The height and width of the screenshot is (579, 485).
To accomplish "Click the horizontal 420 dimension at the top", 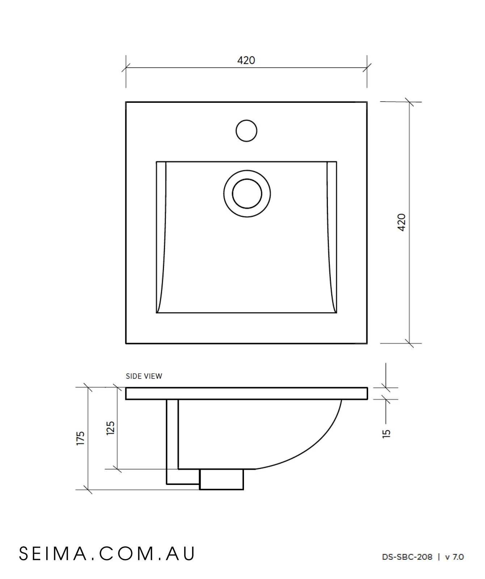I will pyautogui.click(x=246, y=60).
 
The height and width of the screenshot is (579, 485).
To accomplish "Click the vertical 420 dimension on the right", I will pyautogui.click(x=402, y=222).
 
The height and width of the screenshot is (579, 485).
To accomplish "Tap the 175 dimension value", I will pyautogui.click(x=80, y=438).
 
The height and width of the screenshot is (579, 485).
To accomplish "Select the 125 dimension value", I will pyautogui.click(x=110, y=428).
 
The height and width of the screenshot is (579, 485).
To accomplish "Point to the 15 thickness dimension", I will pyautogui.click(x=387, y=433).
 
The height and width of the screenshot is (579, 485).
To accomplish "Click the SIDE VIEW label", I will pyautogui.click(x=144, y=376).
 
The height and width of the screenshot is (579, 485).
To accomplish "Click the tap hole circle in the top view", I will pyautogui.click(x=246, y=131).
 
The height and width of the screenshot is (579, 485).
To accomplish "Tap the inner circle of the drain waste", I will pyautogui.click(x=247, y=194).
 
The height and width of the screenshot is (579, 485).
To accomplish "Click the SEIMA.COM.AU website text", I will pyautogui.click(x=107, y=553).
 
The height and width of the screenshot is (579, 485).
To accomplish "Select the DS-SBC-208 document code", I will pyautogui.click(x=407, y=557).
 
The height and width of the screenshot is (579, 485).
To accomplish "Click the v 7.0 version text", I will pyautogui.click(x=454, y=557).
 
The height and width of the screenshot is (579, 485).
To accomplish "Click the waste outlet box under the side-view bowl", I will pyautogui.click(x=221, y=479).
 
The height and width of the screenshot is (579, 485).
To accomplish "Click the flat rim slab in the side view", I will pyautogui.click(x=246, y=393).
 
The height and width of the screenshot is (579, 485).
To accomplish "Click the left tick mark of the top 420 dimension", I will pyautogui.click(x=126, y=68).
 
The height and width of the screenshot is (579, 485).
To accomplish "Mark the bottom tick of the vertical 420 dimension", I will pyautogui.click(x=409, y=343).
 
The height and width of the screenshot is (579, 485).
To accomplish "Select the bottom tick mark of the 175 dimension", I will pyautogui.click(x=88, y=490).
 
